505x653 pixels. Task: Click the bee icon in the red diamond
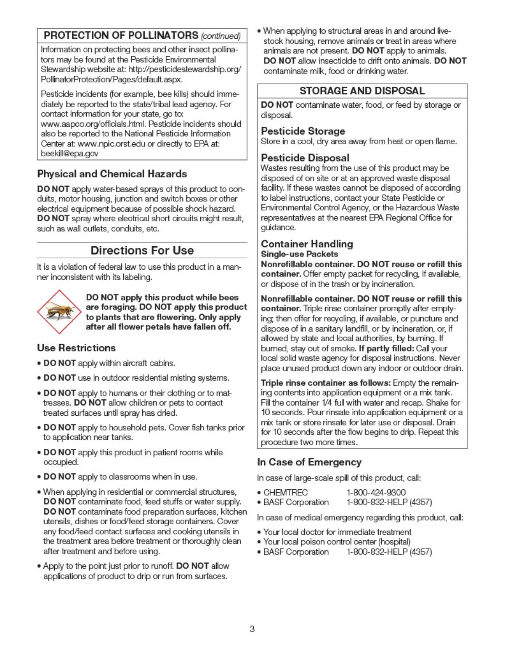point(58,311)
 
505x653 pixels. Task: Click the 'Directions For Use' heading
point(142,250)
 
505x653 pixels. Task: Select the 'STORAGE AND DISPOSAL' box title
point(362,91)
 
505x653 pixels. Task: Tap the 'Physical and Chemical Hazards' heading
point(112,174)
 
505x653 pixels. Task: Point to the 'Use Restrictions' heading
point(76,348)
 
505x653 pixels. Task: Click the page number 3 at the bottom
point(252,629)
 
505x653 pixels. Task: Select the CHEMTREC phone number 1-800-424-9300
point(376,492)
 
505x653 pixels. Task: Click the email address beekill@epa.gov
point(69,154)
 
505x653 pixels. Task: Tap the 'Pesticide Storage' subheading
point(303,131)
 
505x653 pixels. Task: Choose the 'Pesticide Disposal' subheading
point(305,158)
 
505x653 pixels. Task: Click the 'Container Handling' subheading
point(307,244)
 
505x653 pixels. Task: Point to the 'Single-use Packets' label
point(299,254)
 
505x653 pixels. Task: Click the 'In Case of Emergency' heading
point(309,462)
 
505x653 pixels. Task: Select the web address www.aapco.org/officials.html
point(93,124)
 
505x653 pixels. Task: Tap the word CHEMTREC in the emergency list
point(285,492)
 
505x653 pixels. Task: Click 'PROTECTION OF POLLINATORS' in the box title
point(121,35)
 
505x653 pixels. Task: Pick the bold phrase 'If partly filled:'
point(386,348)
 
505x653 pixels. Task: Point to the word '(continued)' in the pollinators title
point(221,36)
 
